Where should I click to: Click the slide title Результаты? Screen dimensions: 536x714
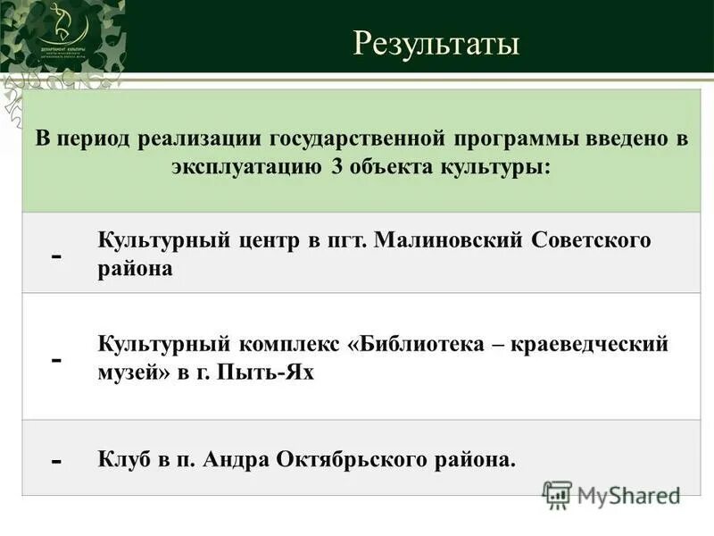[x=436, y=42]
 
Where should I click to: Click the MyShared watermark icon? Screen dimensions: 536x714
[x=557, y=494]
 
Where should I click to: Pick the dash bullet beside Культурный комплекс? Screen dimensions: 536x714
[x=57, y=359]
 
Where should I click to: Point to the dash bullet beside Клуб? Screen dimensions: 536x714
[x=57, y=462]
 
